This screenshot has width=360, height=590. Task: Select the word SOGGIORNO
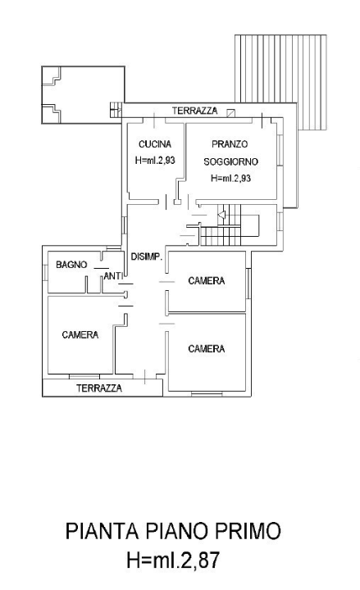tap(230, 161)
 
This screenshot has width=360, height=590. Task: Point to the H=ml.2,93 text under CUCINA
tap(154, 160)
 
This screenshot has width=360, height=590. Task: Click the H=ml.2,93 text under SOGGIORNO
tap(230, 178)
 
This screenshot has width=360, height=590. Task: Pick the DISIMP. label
tap(147, 256)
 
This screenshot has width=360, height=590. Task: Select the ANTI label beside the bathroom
tap(112, 277)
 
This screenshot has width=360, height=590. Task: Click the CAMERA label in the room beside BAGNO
tap(80, 334)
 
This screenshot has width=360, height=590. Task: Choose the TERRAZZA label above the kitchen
tap(194, 111)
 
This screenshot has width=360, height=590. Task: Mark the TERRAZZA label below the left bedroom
tap(99, 388)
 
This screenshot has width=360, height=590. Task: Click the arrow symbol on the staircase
tap(221, 216)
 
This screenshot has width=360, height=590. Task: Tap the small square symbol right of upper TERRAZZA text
tap(231, 112)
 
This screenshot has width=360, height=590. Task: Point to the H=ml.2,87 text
tap(173, 560)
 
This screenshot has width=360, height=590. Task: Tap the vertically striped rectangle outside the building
tap(280, 82)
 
